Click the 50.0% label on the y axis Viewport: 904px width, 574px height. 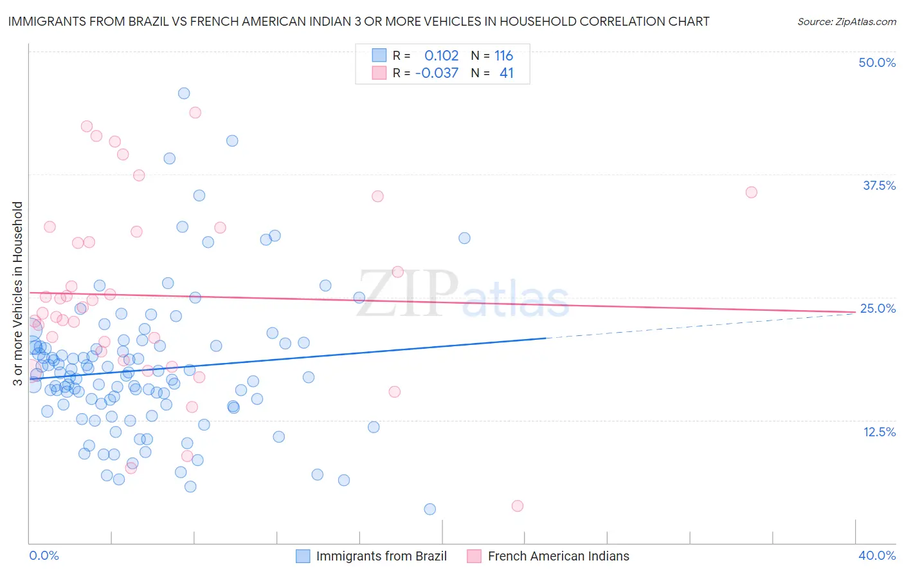pos(877,62)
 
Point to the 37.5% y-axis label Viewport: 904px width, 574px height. pos(879,185)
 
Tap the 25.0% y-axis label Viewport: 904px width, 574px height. pos(878,308)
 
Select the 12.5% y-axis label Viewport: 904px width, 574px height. pos(879,432)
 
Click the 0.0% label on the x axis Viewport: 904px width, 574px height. pos(44,555)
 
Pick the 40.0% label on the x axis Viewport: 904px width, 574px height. pos(877,555)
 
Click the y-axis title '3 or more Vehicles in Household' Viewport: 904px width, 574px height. pos(17,293)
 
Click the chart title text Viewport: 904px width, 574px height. pos(359,21)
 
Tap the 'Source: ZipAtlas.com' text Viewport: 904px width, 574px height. pos(846,22)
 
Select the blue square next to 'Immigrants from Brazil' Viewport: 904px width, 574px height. pos(303,556)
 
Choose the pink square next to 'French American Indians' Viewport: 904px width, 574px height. pos(475,556)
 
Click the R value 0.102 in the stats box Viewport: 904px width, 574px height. pos(441,56)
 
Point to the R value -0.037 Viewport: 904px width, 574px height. pos(437,73)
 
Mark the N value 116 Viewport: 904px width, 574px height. pos(503,56)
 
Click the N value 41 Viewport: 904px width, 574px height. pos(507,73)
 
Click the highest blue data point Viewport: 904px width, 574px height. pos(184,93)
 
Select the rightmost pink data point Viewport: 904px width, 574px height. pos(751,192)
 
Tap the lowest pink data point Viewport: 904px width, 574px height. pos(518,506)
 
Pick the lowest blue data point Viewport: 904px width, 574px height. pos(430,509)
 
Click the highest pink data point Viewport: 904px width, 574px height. pos(195,113)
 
